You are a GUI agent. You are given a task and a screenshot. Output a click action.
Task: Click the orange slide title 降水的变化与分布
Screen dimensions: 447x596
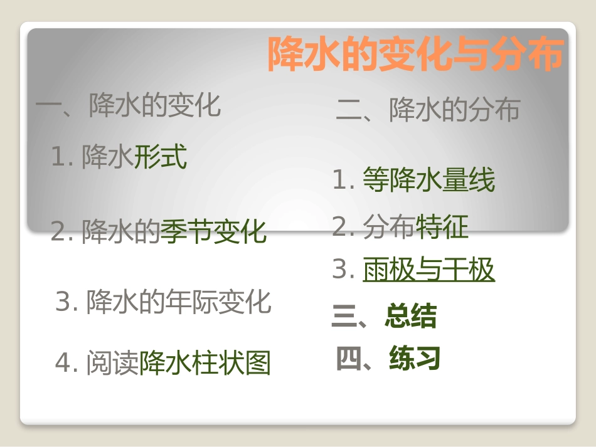pyautogui.click(x=415, y=55)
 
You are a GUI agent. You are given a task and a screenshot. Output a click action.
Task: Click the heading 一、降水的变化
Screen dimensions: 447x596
pyautogui.click(x=129, y=105)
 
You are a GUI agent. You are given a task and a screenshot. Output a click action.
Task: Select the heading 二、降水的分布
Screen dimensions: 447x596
pyautogui.click(x=428, y=110)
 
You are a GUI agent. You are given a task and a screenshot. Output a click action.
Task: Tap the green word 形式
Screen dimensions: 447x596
pyautogui.click(x=161, y=157)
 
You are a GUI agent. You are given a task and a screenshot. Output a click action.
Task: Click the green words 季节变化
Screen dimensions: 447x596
pyautogui.click(x=213, y=232)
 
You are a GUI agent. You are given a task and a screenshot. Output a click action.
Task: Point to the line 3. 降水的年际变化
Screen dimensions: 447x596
pyautogui.click(x=163, y=302)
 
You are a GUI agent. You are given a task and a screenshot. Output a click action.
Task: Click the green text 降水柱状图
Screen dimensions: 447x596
pyautogui.click(x=205, y=364)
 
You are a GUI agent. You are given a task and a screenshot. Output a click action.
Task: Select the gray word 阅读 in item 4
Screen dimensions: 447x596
pyautogui.click(x=112, y=364)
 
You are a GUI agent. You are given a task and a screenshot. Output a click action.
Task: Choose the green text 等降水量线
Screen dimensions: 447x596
pyautogui.click(x=429, y=181)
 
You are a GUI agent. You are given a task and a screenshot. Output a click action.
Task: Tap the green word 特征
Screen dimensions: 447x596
pyautogui.click(x=442, y=227)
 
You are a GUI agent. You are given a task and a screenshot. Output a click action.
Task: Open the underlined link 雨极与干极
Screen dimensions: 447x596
pyautogui.click(x=429, y=270)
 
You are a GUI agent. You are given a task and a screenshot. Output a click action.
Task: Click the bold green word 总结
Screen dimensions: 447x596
pyautogui.click(x=411, y=317)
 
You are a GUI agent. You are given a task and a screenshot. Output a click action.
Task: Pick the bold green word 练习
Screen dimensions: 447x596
pyautogui.click(x=415, y=359)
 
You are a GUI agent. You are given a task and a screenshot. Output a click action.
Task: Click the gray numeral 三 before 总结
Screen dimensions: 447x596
pyautogui.click(x=344, y=317)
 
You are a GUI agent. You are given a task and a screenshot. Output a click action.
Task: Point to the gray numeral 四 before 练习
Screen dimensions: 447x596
pyautogui.click(x=349, y=359)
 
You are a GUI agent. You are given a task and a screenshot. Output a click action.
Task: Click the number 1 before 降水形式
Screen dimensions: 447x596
pyautogui.click(x=58, y=157)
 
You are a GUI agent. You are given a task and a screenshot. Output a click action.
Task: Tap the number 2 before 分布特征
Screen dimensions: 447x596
pyautogui.click(x=339, y=227)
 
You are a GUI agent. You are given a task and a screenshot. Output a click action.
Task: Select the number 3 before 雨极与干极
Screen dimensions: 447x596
pyautogui.click(x=339, y=270)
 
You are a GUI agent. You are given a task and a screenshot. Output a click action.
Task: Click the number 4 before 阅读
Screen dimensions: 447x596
pyautogui.click(x=63, y=364)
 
